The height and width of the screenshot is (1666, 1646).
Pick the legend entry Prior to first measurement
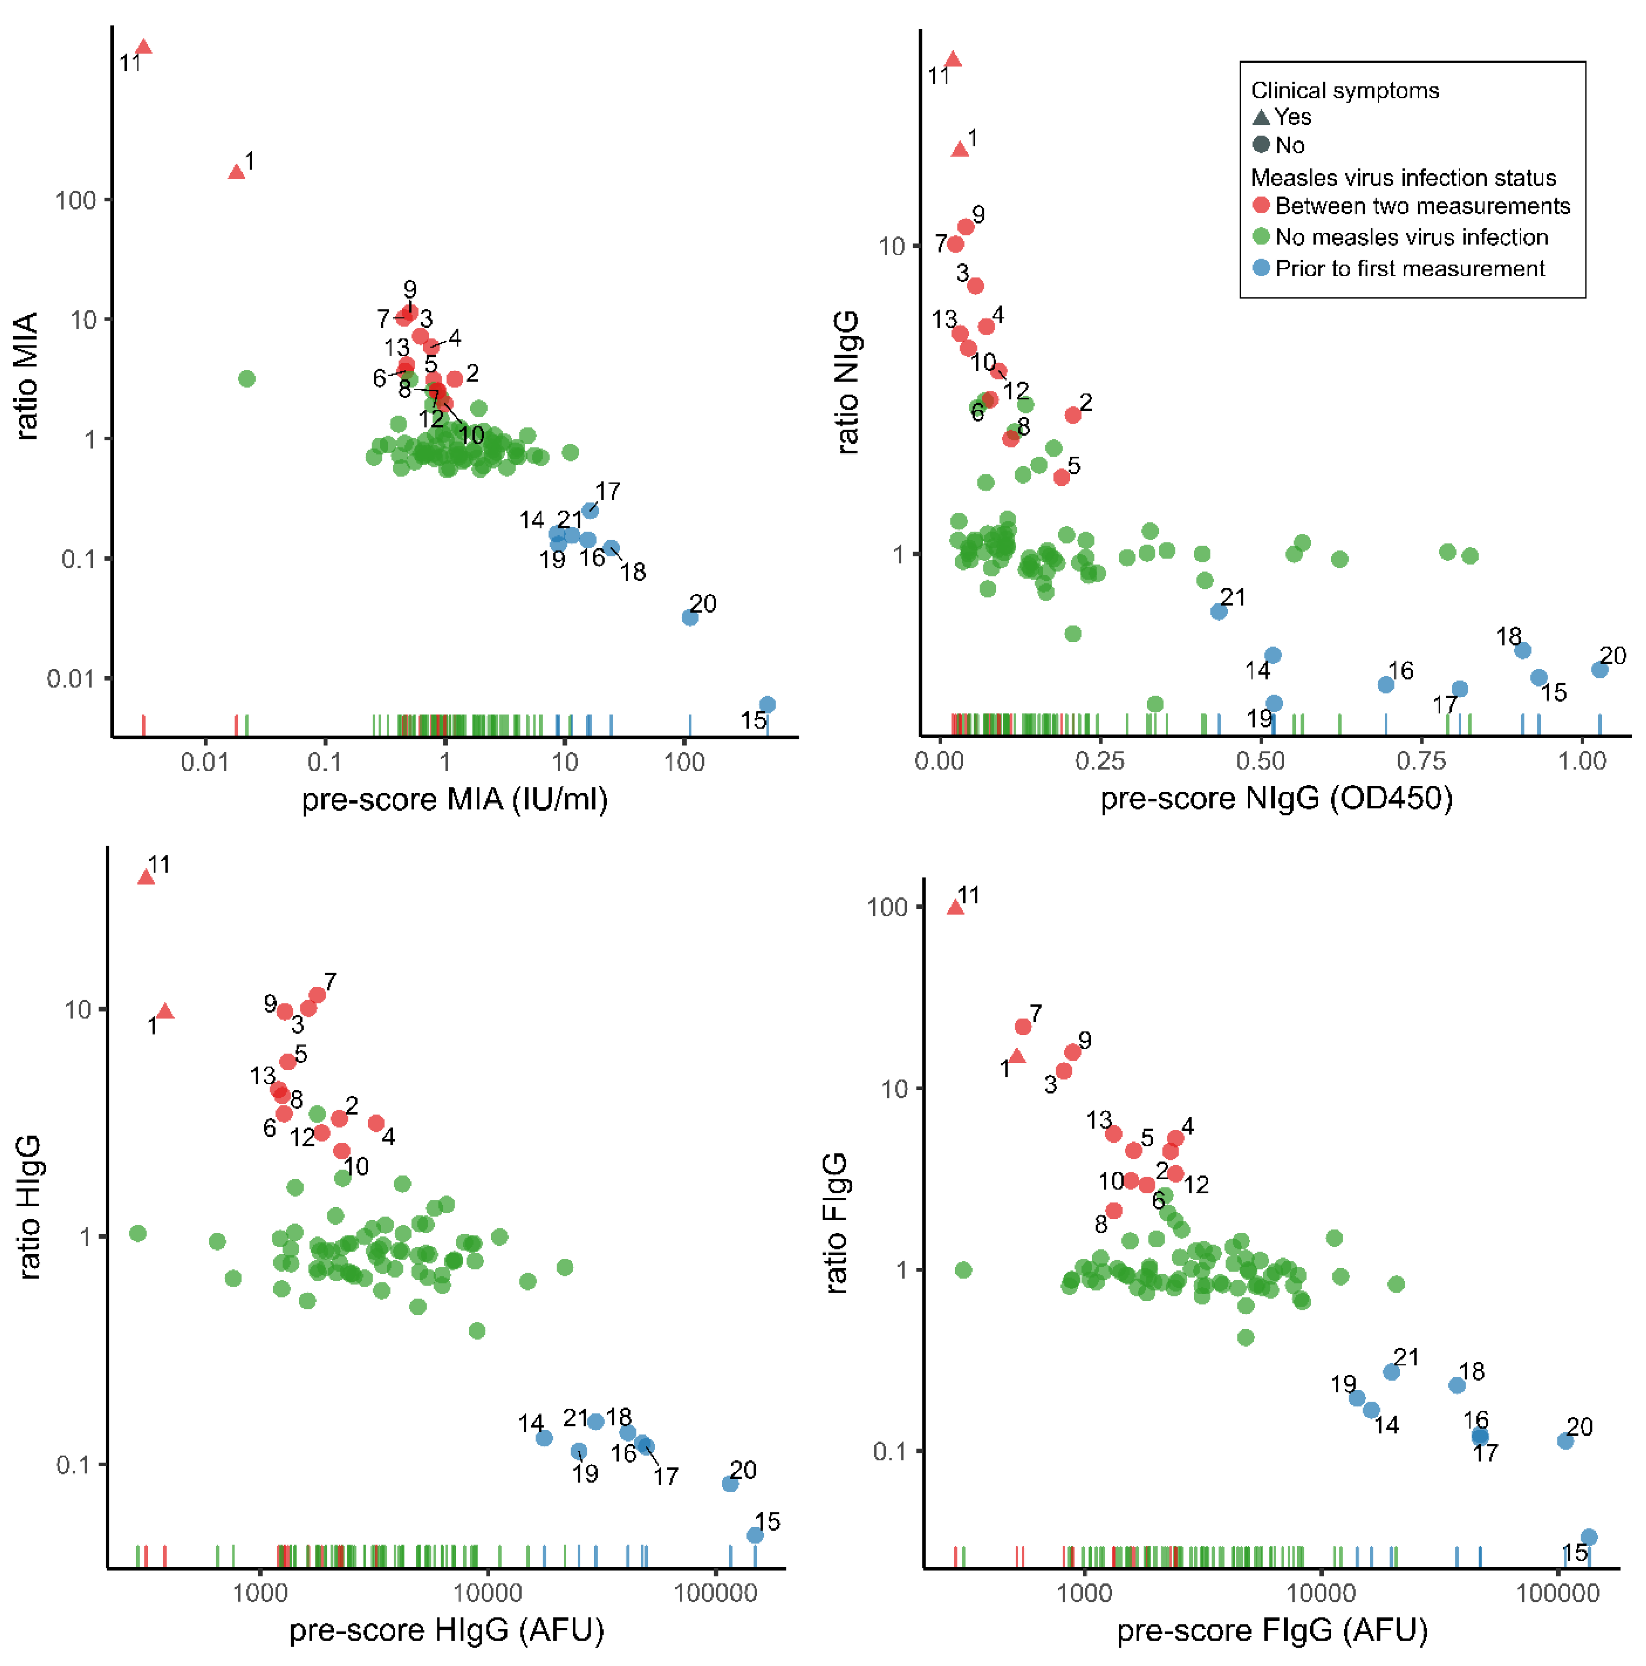tap(1409, 268)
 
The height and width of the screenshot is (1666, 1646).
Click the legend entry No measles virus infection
tap(1411, 237)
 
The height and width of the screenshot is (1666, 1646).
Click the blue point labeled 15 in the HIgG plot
tap(754, 1535)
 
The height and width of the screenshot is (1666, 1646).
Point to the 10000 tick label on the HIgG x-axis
tap(487, 1592)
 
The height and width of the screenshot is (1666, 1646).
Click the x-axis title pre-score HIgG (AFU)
tap(446, 1630)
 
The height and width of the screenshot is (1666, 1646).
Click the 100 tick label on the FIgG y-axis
tap(887, 907)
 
